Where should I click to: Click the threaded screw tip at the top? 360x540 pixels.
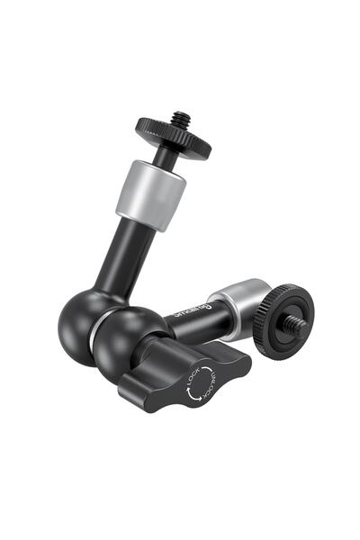click(x=182, y=118)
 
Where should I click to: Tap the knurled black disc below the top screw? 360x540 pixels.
click(x=173, y=135)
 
